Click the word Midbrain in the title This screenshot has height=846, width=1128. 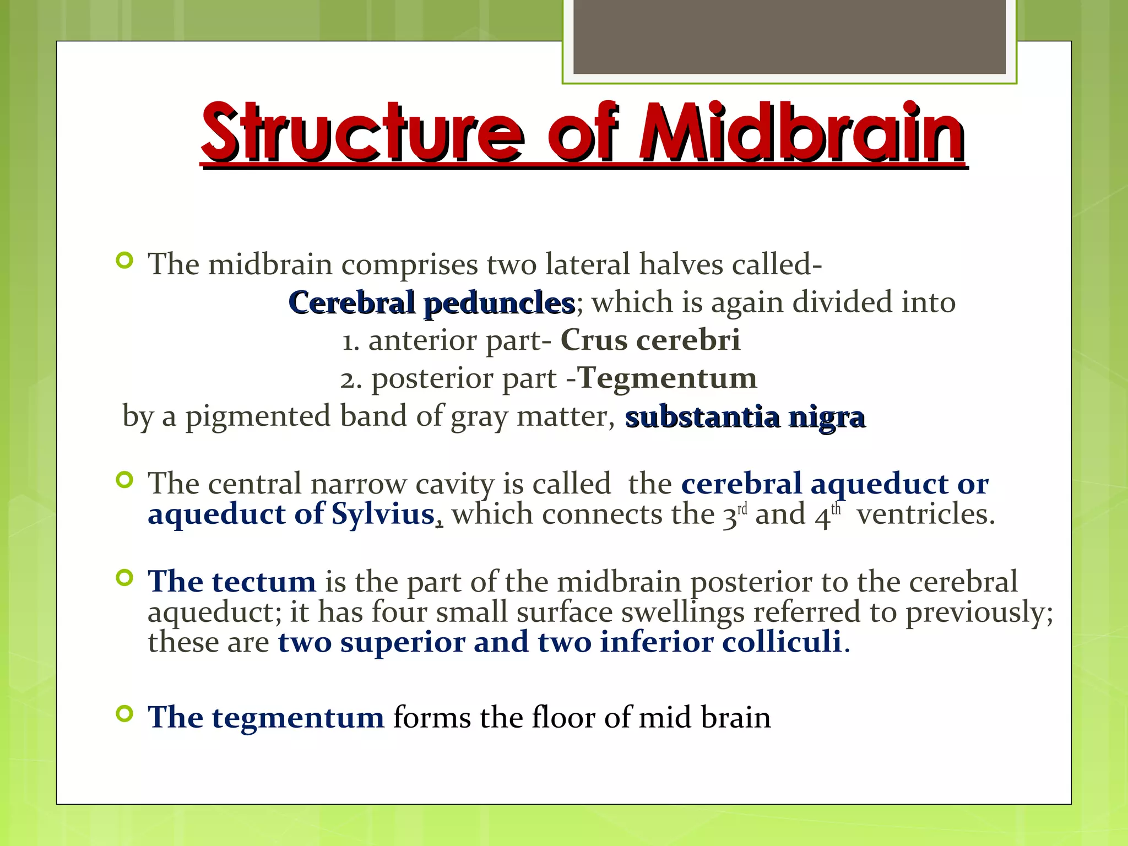(x=801, y=134)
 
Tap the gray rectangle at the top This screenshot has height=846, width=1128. (x=789, y=36)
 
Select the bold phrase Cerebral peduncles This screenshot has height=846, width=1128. (x=431, y=303)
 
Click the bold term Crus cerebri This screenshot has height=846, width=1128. (x=650, y=340)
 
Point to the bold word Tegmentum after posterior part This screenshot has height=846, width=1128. (x=668, y=378)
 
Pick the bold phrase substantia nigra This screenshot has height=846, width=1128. (x=745, y=417)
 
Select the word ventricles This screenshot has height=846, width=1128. (x=926, y=514)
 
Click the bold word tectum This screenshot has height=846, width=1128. (x=264, y=582)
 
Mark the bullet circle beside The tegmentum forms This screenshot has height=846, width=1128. (x=125, y=714)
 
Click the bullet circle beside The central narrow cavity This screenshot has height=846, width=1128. (x=125, y=480)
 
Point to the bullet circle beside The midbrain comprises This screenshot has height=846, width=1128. (x=125, y=260)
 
